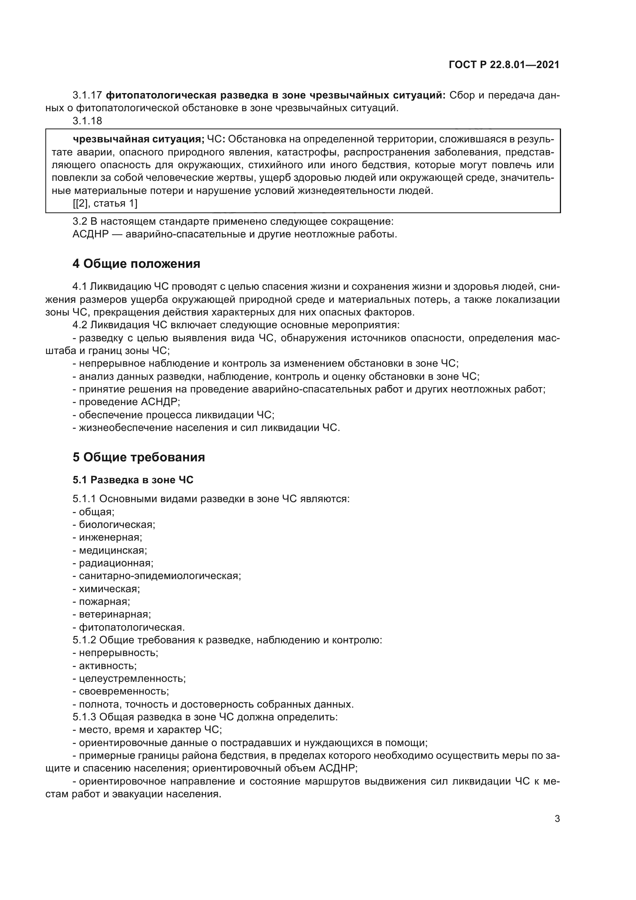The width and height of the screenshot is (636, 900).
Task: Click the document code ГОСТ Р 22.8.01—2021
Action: coord(504,65)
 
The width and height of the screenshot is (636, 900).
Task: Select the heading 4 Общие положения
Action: coord(136,264)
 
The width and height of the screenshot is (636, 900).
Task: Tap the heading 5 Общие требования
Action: coord(139,458)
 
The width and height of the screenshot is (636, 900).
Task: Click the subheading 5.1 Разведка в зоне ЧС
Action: coord(133,480)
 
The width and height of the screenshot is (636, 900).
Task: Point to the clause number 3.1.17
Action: coord(87,95)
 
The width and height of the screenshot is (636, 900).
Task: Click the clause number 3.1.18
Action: coord(87,121)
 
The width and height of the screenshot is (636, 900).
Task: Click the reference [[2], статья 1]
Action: coord(105,204)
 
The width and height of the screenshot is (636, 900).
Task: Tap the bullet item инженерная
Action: coord(110,538)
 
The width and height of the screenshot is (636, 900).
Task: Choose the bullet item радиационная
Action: coord(116,563)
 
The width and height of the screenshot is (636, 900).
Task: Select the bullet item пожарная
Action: coord(104,601)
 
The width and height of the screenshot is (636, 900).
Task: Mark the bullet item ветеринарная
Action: coord(114,614)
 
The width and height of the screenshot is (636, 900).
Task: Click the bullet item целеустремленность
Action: coord(132,678)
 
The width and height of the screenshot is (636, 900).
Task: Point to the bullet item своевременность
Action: coord(124,691)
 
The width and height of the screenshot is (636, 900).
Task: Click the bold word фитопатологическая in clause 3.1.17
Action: coord(161,95)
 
